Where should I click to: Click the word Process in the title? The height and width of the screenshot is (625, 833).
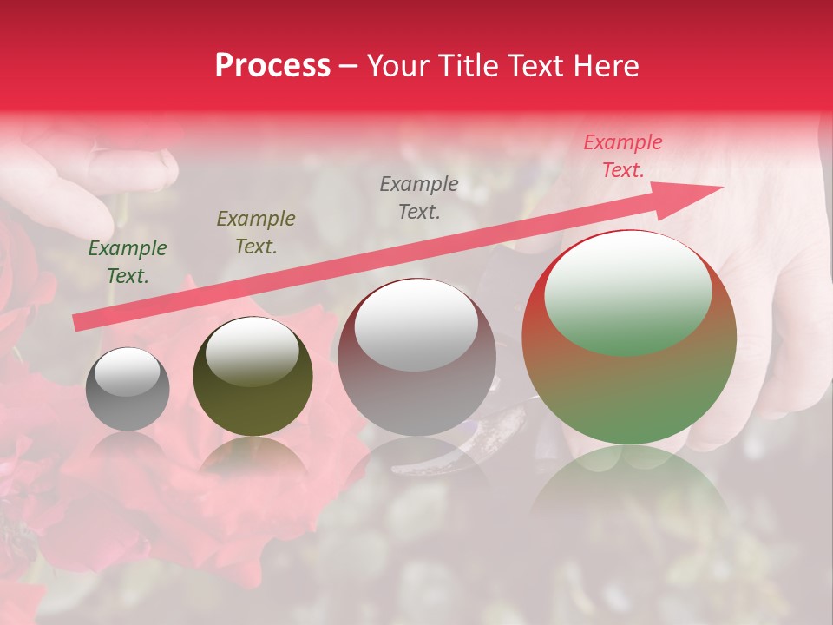[x=272, y=66]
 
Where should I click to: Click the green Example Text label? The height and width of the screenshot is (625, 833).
[x=128, y=262]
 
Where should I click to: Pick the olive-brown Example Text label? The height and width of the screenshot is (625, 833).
[x=256, y=232]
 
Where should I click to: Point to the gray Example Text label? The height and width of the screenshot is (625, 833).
[x=419, y=197]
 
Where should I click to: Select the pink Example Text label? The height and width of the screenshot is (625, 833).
[x=623, y=156]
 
